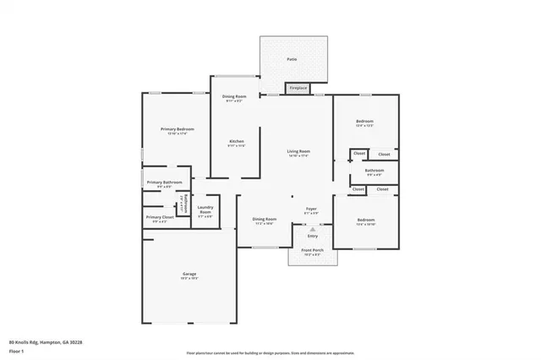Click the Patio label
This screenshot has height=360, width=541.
292,59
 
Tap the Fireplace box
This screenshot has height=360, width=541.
298,88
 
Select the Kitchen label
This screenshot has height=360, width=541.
236,141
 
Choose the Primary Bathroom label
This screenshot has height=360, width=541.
165,183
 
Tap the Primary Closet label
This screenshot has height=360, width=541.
159,217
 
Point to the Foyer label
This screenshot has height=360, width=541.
311,208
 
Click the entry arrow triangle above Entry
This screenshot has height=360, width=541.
313,228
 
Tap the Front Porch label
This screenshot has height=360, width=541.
312,250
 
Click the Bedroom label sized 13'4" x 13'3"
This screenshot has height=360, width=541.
365,122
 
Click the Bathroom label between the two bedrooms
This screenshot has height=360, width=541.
374,171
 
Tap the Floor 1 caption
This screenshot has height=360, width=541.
17,350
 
